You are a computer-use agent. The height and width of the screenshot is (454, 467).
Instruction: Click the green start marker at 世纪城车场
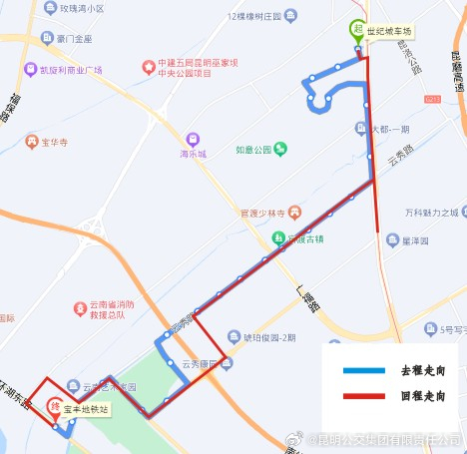coord(356,30)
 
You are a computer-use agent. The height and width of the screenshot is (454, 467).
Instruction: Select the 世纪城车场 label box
coord(388,31)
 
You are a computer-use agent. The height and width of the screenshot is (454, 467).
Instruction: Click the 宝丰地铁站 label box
coord(86,409)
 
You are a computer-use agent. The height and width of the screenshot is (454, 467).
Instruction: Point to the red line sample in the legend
coord(362,396)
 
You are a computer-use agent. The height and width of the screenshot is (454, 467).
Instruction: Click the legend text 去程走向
coord(420,371)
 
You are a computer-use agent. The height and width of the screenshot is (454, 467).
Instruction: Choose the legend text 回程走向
coord(420,396)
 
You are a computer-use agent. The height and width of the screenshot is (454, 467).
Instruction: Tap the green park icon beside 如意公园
coord(280,150)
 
